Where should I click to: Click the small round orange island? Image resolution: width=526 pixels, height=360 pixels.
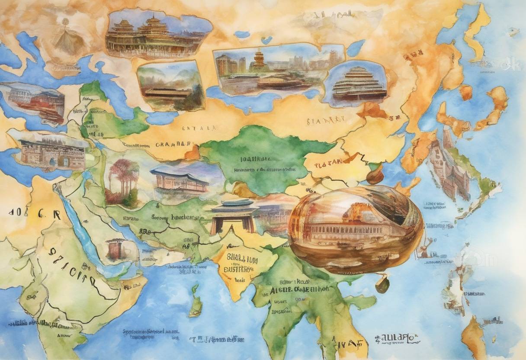[x=465, y=92]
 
